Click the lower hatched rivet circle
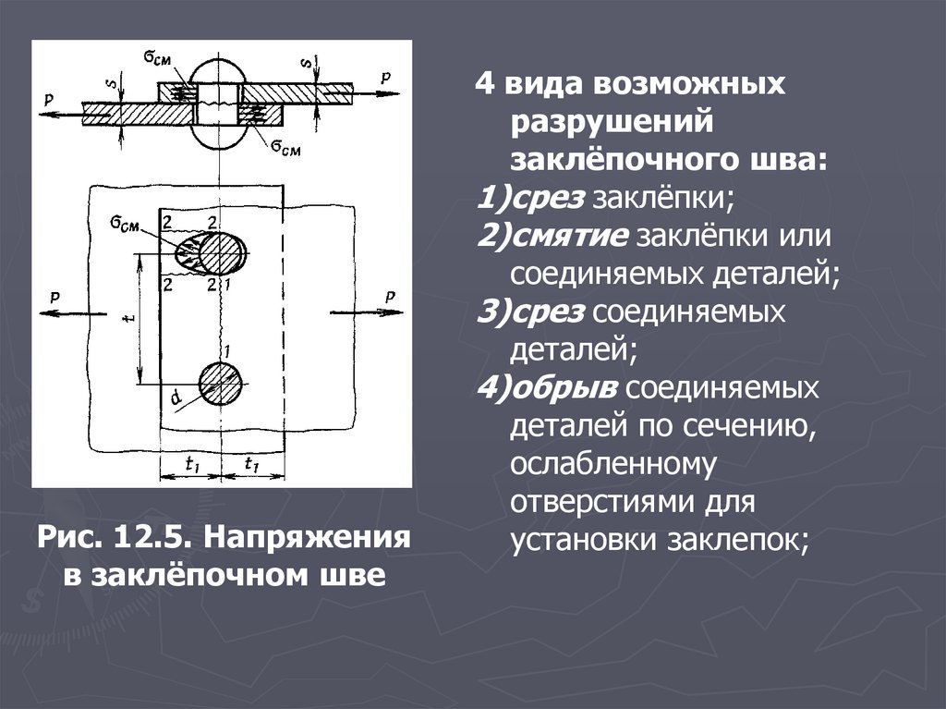[221, 382]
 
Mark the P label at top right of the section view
[388, 79]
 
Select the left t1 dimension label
[192, 466]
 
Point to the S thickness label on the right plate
[306, 64]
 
